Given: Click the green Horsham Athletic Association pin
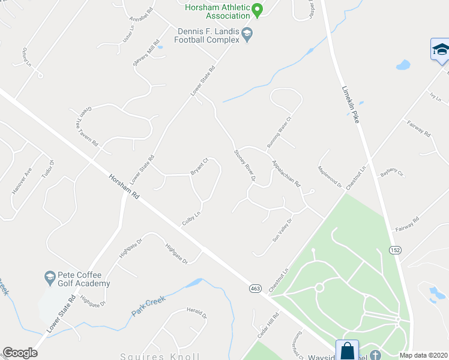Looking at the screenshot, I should (258, 10).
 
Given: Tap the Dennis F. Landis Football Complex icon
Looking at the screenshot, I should (247, 36).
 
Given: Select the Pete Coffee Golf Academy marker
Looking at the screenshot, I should (50, 278).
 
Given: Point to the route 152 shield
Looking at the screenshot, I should (394, 250).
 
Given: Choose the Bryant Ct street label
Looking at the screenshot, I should (199, 166).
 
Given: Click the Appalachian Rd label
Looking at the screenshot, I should (285, 173).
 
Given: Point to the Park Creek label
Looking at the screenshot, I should (148, 308).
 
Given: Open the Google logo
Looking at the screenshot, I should (20, 353).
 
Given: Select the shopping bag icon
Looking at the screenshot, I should (348, 350).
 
